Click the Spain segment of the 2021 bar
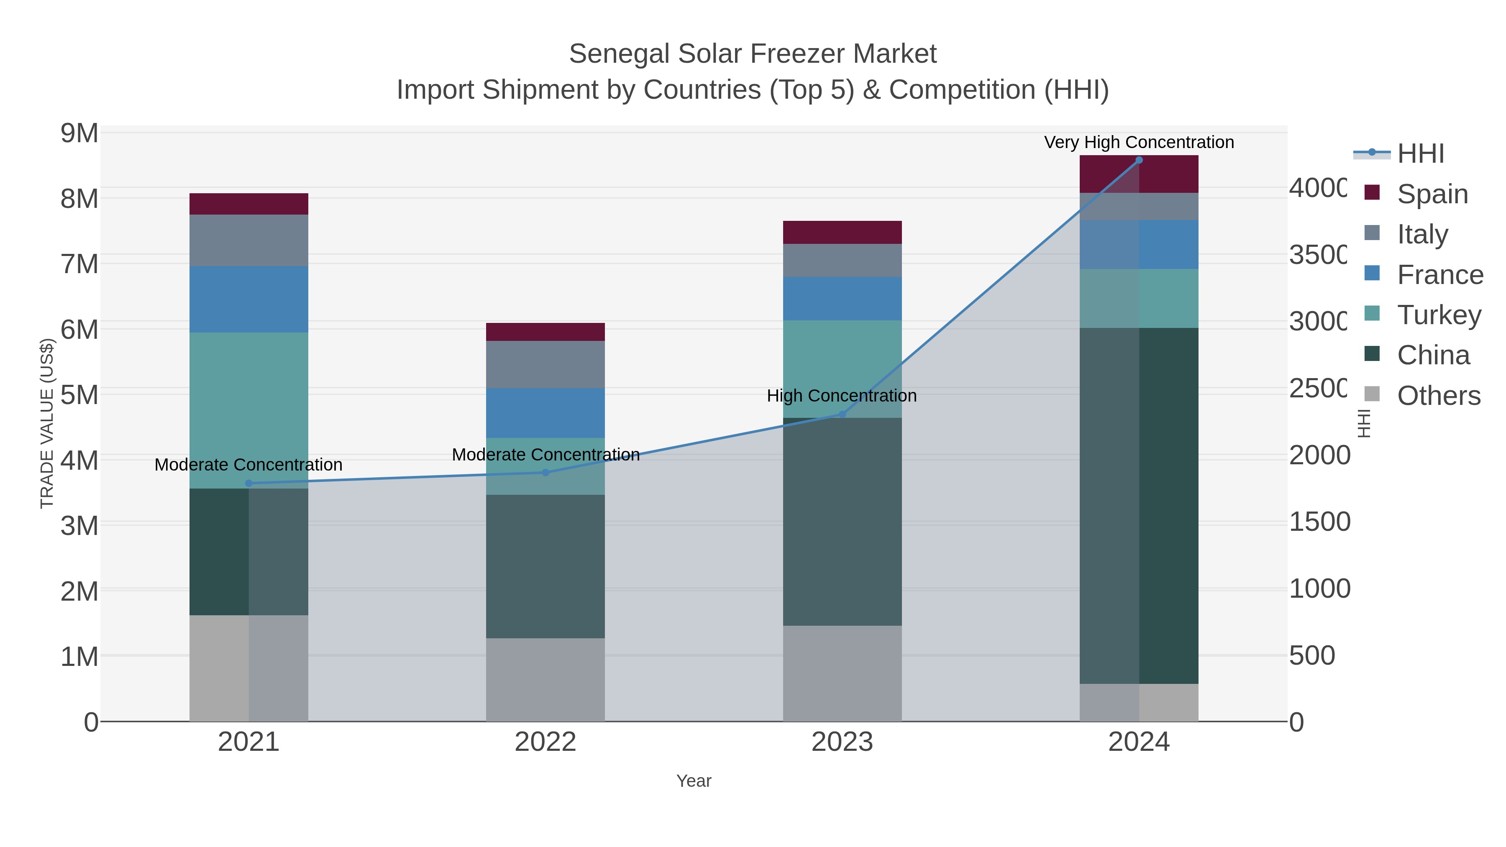coord(248,204)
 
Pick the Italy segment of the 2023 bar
coord(842,260)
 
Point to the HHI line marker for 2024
coord(1138,160)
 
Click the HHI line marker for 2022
coord(546,472)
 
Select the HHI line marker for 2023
coord(842,415)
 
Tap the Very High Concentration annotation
coord(1138,143)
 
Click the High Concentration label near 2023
coord(841,396)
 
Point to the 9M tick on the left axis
coord(79,134)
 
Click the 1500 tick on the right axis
coord(1319,522)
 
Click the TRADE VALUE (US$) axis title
coord(47,423)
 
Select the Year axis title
coord(693,781)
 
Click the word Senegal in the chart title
coord(619,54)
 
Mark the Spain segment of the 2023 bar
coord(842,232)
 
